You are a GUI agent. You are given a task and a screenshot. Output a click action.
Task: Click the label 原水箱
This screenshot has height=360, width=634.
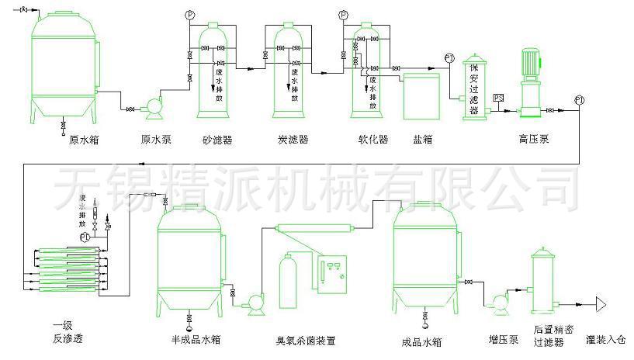pyautogui.click(x=84, y=140)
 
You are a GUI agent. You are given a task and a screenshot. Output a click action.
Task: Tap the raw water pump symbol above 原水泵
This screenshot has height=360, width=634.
pyautogui.click(x=154, y=103)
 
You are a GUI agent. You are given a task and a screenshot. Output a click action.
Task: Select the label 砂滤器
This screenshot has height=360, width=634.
pyautogui.click(x=217, y=140)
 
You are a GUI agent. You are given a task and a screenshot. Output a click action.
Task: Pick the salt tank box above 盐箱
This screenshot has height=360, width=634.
pyautogui.click(x=420, y=95)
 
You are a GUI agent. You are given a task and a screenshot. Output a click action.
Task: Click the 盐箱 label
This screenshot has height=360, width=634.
pyautogui.click(x=423, y=140)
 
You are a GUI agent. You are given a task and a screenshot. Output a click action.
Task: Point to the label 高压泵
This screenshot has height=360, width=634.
pyautogui.click(x=534, y=140)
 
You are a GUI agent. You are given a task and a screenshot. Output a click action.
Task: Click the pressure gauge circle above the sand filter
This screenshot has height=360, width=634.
pyautogui.click(x=191, y=16)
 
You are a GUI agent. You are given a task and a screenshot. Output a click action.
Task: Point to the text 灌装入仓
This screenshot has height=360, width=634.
pyautogui.click(x=608, y=339)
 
